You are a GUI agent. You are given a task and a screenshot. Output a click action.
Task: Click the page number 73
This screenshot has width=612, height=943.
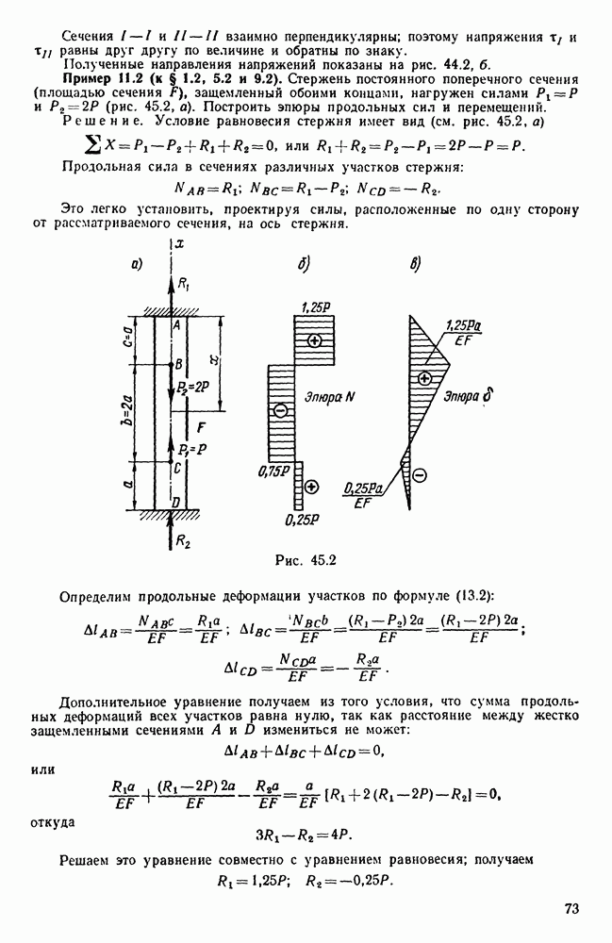pyautogui.click(x=570, y=908)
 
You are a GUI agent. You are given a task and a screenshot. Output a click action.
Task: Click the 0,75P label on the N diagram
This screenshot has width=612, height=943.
pyautogui.click(x=275, y=471)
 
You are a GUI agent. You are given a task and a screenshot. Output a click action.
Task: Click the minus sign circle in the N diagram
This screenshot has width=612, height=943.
pyautogui.click(x=279, y=410)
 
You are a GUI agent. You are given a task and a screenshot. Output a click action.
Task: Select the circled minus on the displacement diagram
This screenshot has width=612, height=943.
pyautogui.click(x=421, y=473)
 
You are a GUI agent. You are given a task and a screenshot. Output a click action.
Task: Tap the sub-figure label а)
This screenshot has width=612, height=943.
pyautogui.click(x=138, y=264)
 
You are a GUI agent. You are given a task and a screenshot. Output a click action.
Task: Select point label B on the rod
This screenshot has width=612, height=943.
pyautogui.click(x=176, y=364)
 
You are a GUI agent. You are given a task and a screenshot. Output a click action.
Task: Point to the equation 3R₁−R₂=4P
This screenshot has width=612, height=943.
pyautogui.click(x=306, y=834)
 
